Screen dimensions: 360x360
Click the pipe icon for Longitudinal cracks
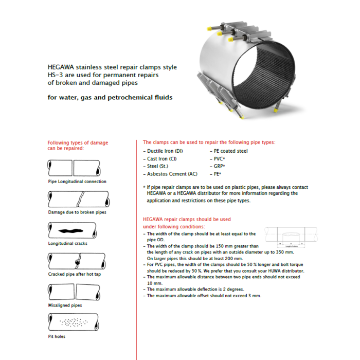(x=73, y=230)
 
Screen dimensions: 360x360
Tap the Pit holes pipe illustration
(x=73, y=322)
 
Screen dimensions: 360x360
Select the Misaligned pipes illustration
(x=73, y=292)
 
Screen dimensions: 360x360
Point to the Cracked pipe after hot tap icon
(x=73, y=261)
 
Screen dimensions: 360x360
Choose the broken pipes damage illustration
(x=73, y=199)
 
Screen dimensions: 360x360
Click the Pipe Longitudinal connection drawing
(x=73, y=168)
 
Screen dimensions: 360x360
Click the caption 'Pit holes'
(x=57, y=336)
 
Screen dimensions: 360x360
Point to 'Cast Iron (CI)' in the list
(x=161, y=159)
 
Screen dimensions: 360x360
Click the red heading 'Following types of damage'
(x=78, y=142)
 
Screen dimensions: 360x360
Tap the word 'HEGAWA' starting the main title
(x=61, y=67)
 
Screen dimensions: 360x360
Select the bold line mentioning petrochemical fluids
(x=110, y=97)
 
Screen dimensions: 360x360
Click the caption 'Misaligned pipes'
(x=65, y=305)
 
